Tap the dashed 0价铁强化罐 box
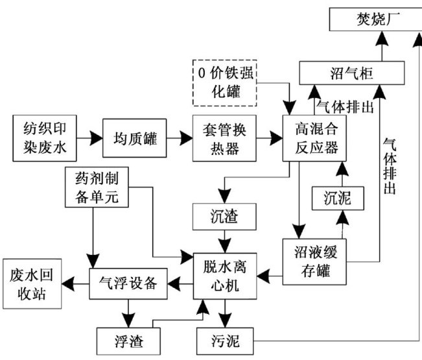(226, 82)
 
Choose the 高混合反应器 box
(312, 138)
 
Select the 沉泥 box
(336, 198)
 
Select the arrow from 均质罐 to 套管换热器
(179, 138)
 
